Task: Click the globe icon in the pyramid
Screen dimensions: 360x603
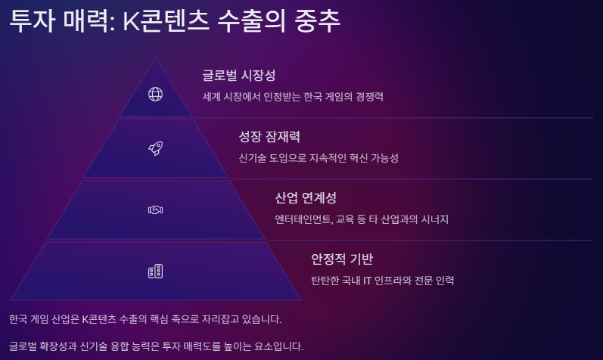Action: click(155, 94)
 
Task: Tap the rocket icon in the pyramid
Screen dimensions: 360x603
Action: click(155, 148)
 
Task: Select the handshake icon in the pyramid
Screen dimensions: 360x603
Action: click(155, 209)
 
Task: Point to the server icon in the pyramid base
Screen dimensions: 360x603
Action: click(155, 271)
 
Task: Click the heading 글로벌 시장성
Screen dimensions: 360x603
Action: click(238, 76)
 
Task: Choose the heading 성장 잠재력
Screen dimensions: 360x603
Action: click(269, 137)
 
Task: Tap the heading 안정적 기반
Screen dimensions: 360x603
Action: click(342, 259)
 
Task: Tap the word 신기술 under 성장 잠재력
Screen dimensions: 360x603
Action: click(253, 158)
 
